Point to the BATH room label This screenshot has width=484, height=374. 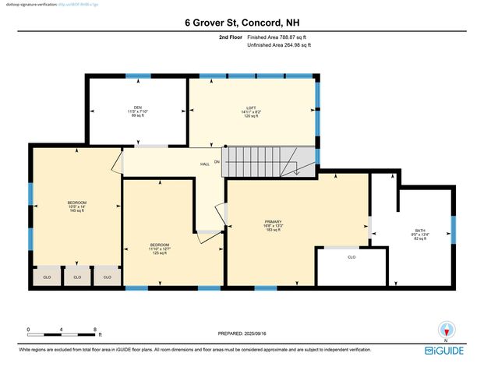(x=420, y=232)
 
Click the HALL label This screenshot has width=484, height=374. (x=205, y=164)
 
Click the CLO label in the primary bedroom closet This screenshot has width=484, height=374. (x=352, y=256)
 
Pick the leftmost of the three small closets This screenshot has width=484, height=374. (x=47, y=277)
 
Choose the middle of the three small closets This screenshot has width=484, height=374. (x=77, y=277)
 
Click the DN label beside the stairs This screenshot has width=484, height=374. (x=217, y=161)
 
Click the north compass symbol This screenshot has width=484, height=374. (x=446, y=330)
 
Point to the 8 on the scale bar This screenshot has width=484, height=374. (x=95, y=330)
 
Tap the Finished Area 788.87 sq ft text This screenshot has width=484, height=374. (x=279, y=37)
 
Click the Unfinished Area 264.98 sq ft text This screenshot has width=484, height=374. (x=279, y=45)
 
